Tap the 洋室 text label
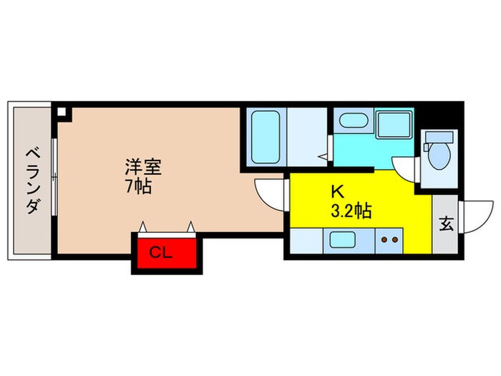coord(143,168)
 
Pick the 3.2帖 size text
coord(349,211)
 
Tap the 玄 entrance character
coord(445,225)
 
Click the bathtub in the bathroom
coord(265,136)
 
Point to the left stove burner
coord(384,241)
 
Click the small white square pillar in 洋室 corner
coord(62,112)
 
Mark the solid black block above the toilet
coord(438,115)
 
